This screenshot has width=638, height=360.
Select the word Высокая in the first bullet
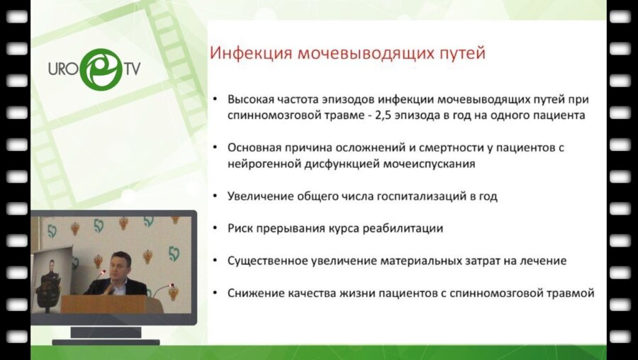click(x=252, y=99)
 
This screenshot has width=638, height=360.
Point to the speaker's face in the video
click(x=121, y=264)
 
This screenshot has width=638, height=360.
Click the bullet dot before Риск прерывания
click(x=215, y=228)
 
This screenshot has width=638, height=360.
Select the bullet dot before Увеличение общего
click(x=215, y=196)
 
